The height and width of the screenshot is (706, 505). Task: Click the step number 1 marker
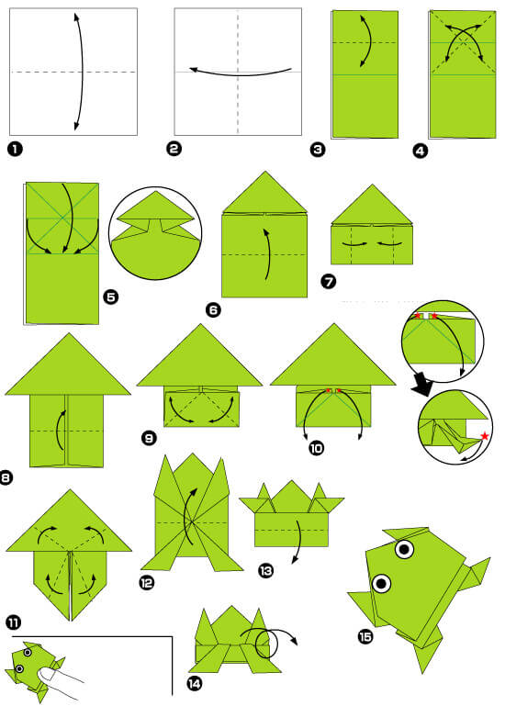(x=15, y=149)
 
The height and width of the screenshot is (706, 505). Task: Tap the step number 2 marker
(x=174, y=149)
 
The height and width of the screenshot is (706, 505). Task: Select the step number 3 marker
(x=318, y=149)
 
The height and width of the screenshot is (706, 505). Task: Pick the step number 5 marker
(x=111, y=297)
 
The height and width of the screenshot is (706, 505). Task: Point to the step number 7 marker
(x=329, y=282)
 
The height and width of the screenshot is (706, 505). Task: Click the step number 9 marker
(x=149, y=437)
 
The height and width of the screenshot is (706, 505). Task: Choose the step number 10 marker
(x=316, y=448)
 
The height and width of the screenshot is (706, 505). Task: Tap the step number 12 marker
(x=146, y=583)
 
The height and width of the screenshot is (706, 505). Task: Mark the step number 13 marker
(x=265, y=571)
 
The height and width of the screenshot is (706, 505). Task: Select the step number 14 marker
(x=194, y=684)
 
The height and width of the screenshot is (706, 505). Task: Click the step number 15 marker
(x=365, y=636)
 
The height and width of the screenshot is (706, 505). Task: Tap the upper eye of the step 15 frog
(x=405, y=549)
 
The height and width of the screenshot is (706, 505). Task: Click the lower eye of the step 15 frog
(x=381, y=584)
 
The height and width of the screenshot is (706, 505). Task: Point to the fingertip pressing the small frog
(x=46, y=674)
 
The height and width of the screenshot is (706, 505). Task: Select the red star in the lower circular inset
(x=484, y=436)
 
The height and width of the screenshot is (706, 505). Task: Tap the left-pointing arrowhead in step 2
(x=195, y=70)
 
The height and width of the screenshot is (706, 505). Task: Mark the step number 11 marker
(x=13, y=622)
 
